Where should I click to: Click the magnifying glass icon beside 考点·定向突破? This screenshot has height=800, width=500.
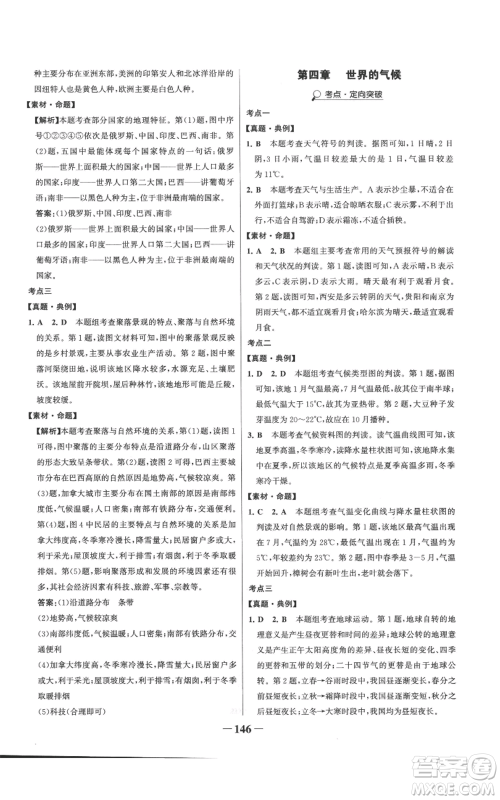[314, 95]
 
